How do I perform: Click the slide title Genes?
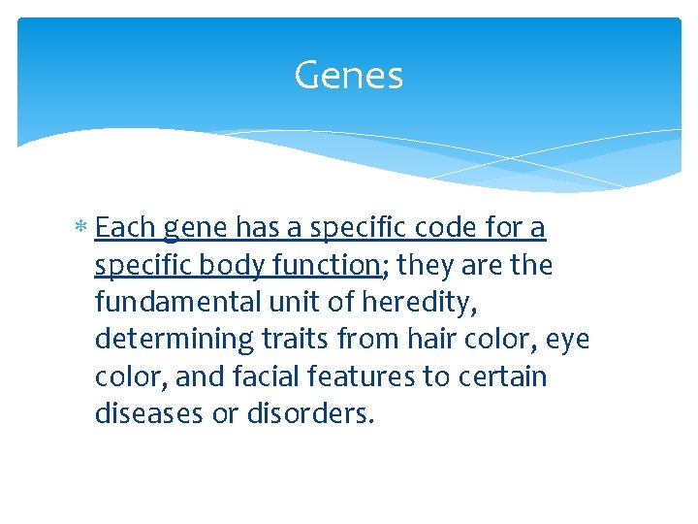point(348,75)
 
